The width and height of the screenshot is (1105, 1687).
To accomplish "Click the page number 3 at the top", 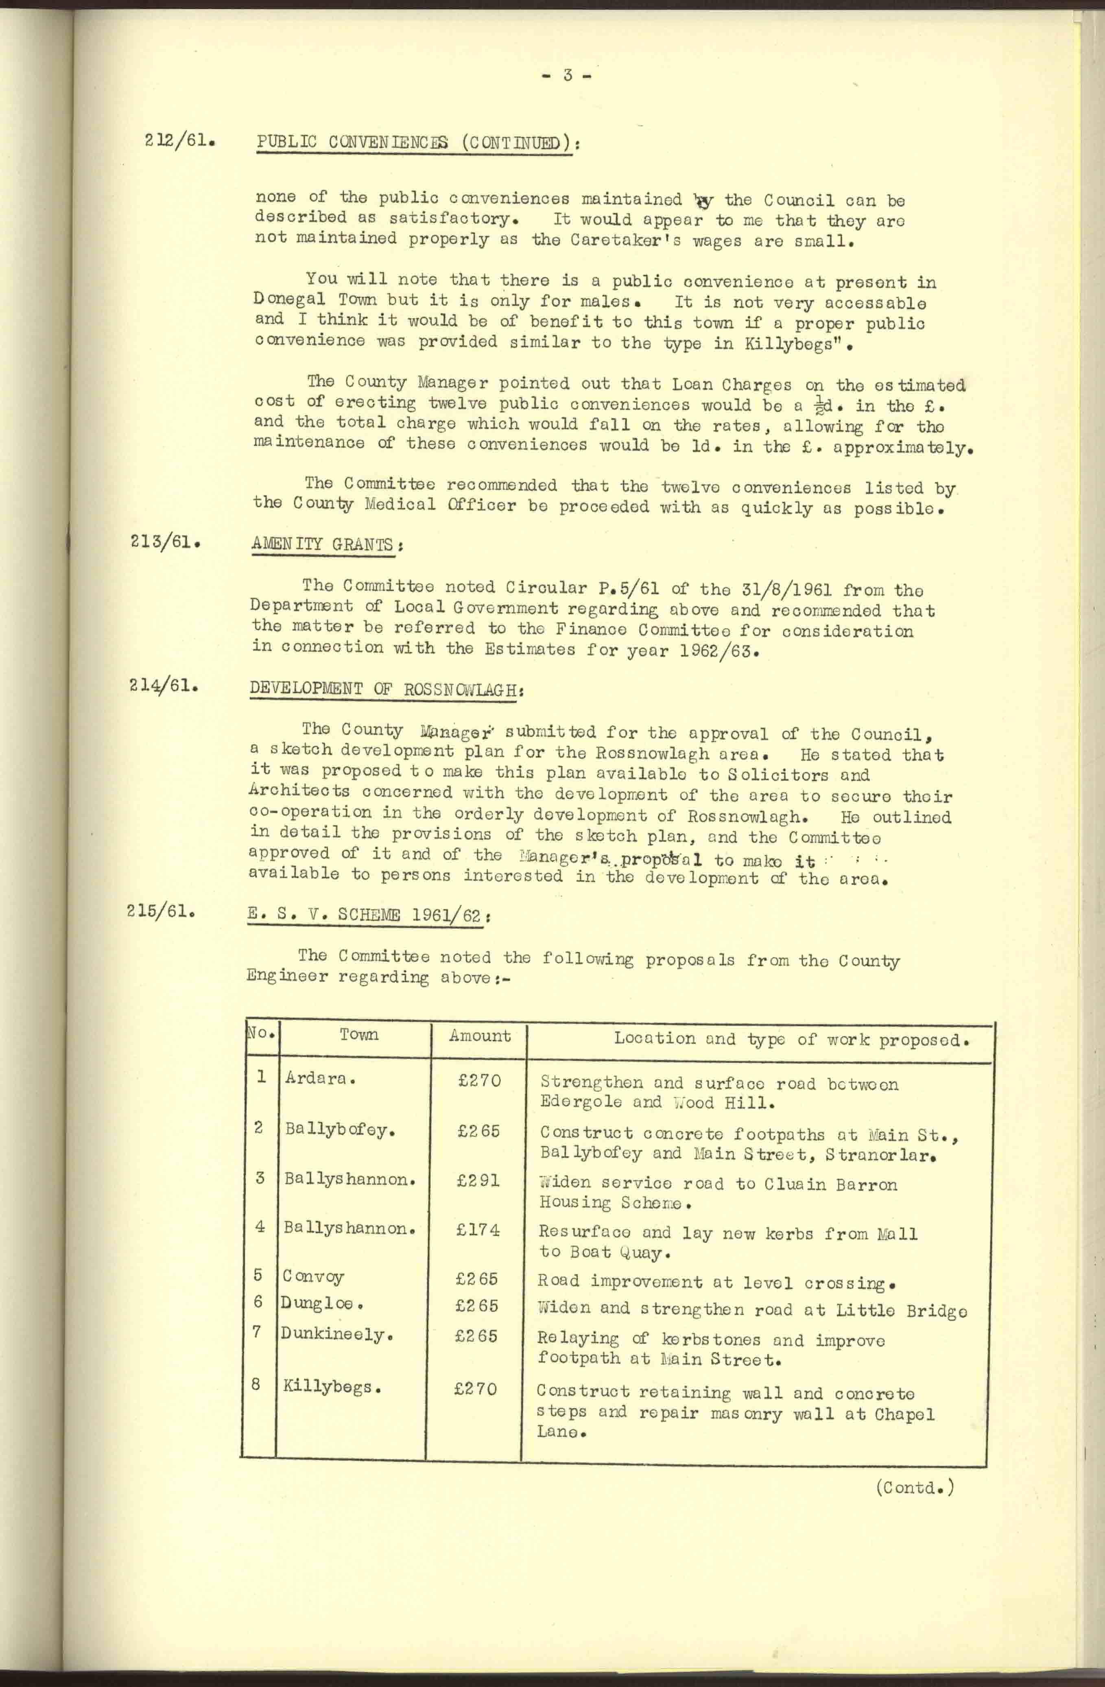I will tap(567, 76).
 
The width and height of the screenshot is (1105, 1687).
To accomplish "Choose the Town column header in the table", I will tap(359, 1034).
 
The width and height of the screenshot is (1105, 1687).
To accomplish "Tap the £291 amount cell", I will tap(478, 1180).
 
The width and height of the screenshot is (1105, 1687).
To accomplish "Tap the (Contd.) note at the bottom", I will tap(914, 1487).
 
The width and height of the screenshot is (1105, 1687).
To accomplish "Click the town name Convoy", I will tap(313, 1276).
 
